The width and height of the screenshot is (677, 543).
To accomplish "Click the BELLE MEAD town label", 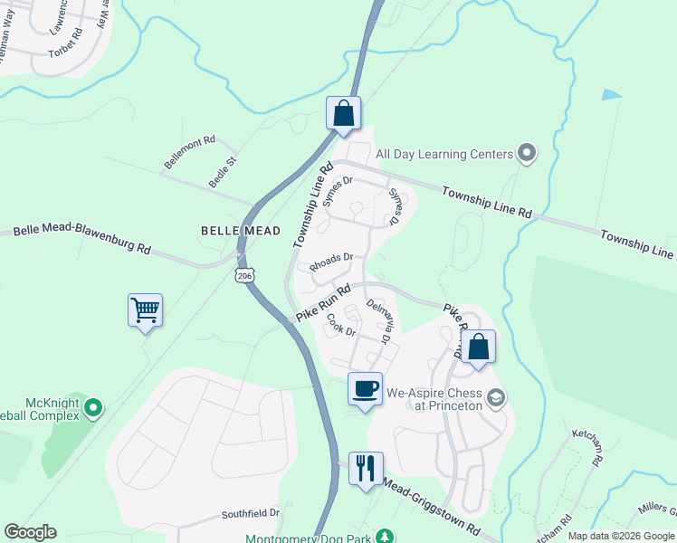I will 241,231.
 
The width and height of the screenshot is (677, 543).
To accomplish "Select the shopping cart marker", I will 145,310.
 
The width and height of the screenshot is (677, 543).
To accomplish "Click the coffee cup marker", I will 365,389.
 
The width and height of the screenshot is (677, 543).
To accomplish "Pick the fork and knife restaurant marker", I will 366,469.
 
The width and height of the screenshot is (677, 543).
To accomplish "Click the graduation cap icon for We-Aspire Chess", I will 496,397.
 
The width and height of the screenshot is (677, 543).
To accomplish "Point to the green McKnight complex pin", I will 92,409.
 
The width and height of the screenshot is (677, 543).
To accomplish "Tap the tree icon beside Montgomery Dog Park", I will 386,538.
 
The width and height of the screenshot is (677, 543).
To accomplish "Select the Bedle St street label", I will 223,172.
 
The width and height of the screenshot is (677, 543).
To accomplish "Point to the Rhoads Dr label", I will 330,262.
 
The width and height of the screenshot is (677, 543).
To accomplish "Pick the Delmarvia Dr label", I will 377,322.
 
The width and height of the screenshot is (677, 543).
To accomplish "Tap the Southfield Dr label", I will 252,513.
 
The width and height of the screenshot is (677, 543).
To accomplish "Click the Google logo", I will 30,532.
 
